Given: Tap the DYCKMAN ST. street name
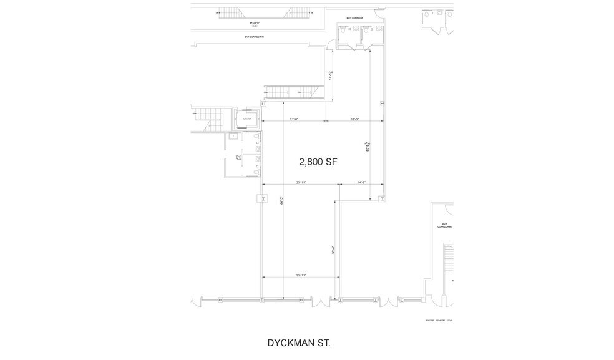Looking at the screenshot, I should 299,343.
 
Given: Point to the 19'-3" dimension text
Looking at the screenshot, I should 354,119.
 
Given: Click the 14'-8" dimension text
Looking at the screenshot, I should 361,182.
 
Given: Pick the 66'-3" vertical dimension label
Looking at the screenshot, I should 282,202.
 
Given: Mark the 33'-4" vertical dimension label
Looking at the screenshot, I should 334,248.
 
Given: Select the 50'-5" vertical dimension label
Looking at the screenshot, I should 368,147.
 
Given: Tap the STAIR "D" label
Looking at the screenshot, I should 255,22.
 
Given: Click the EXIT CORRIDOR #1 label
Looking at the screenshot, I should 255,37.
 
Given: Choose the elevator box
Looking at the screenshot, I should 246,117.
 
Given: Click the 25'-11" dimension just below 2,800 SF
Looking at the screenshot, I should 300,182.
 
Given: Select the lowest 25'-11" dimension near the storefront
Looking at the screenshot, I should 300,275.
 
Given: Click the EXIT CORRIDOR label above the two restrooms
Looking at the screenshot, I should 354,19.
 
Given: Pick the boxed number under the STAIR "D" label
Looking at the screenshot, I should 255,26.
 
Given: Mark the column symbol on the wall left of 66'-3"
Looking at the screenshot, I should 262,198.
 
